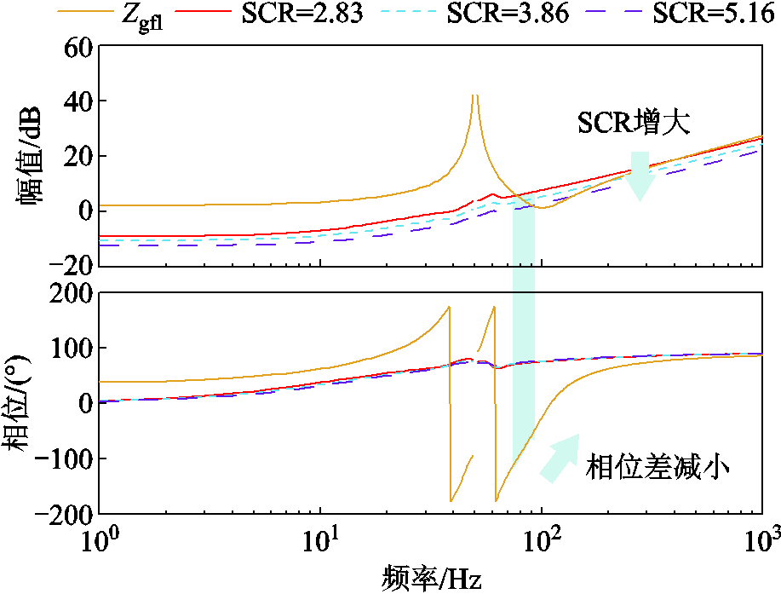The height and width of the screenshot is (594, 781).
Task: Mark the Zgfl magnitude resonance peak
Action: click(474, 95)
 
